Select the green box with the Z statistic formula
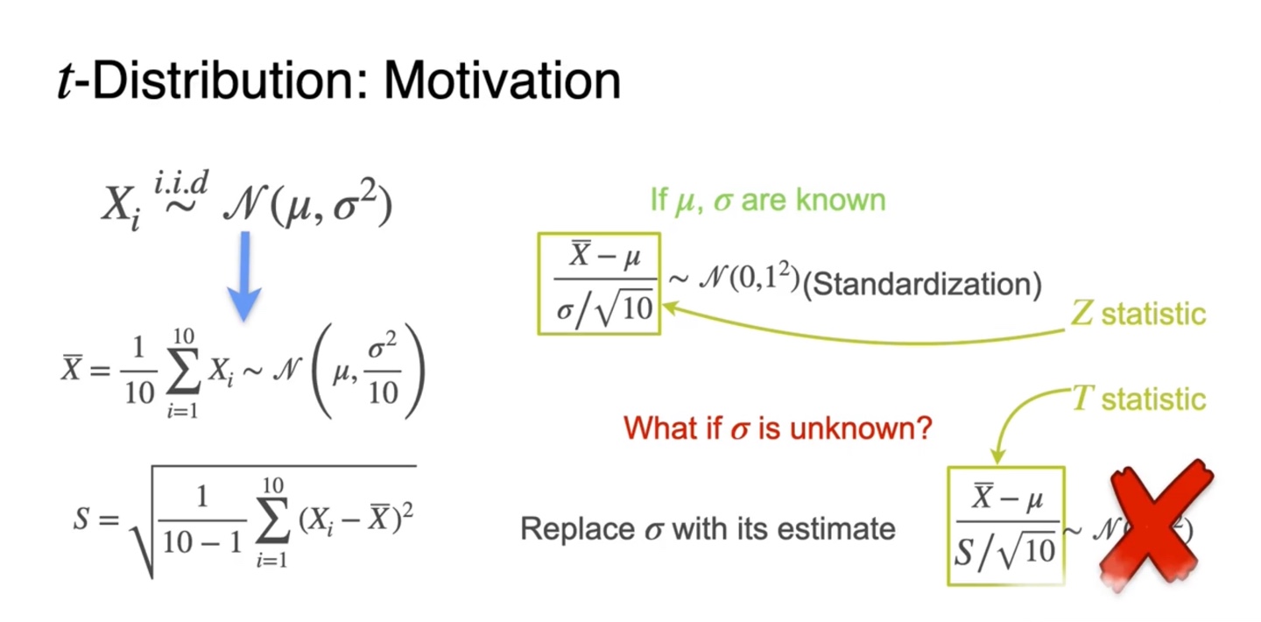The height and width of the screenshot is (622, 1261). [598, 284]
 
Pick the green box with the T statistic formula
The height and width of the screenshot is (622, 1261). [1006, 526]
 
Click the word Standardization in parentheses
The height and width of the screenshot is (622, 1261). [922, 285]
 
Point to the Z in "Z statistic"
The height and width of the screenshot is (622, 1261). [1082, 314]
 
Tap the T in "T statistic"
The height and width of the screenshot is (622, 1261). [1083, 399]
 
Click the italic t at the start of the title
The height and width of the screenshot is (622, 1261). [67, 82]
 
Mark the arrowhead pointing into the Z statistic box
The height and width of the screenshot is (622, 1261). [669, 307]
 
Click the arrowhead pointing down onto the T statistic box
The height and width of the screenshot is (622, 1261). [997, 457]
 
